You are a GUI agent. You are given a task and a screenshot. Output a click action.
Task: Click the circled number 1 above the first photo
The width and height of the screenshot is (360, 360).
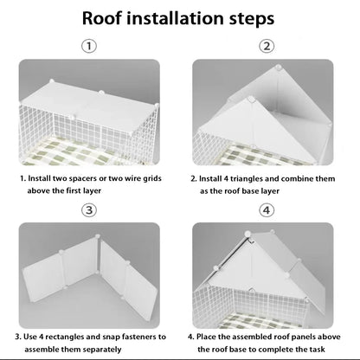coord(89,46)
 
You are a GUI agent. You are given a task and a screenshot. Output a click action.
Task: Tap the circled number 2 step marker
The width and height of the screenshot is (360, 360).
coord(267,46)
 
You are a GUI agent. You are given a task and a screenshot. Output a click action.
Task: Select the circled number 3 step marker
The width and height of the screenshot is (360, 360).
coord(89,210)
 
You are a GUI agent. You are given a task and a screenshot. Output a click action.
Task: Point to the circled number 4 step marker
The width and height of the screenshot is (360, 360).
coord(267,210)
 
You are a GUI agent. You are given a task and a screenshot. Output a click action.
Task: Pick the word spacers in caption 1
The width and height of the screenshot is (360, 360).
coord(83,178)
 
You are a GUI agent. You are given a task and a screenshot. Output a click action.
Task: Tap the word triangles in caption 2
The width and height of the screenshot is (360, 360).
coord(246,179)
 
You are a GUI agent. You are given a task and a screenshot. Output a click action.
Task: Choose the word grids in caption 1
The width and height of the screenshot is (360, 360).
coord(152,179)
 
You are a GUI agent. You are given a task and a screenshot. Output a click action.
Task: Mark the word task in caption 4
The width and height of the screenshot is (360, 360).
coord(318,350)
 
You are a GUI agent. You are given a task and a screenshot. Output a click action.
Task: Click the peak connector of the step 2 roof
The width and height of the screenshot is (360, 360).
coord(279,67)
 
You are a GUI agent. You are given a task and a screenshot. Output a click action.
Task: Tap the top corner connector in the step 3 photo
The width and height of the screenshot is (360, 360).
coord(98,236)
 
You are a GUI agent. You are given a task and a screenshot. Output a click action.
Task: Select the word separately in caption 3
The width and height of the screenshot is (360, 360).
coord(102,350)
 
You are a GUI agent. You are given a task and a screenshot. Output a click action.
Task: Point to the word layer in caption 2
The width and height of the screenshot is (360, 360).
coord(270,191)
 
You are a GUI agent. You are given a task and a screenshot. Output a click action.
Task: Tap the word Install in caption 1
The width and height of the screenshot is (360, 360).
coord(39,178)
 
